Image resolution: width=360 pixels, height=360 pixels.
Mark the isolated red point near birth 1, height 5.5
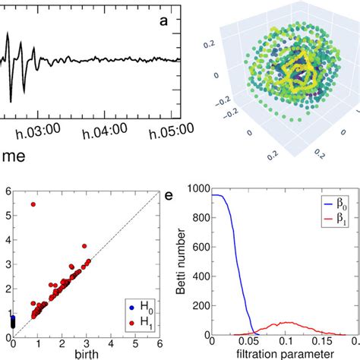coord(33,204)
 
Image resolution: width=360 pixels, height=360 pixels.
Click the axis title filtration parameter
coord(280,354)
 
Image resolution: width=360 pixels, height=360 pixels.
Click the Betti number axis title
coord(183,262)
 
